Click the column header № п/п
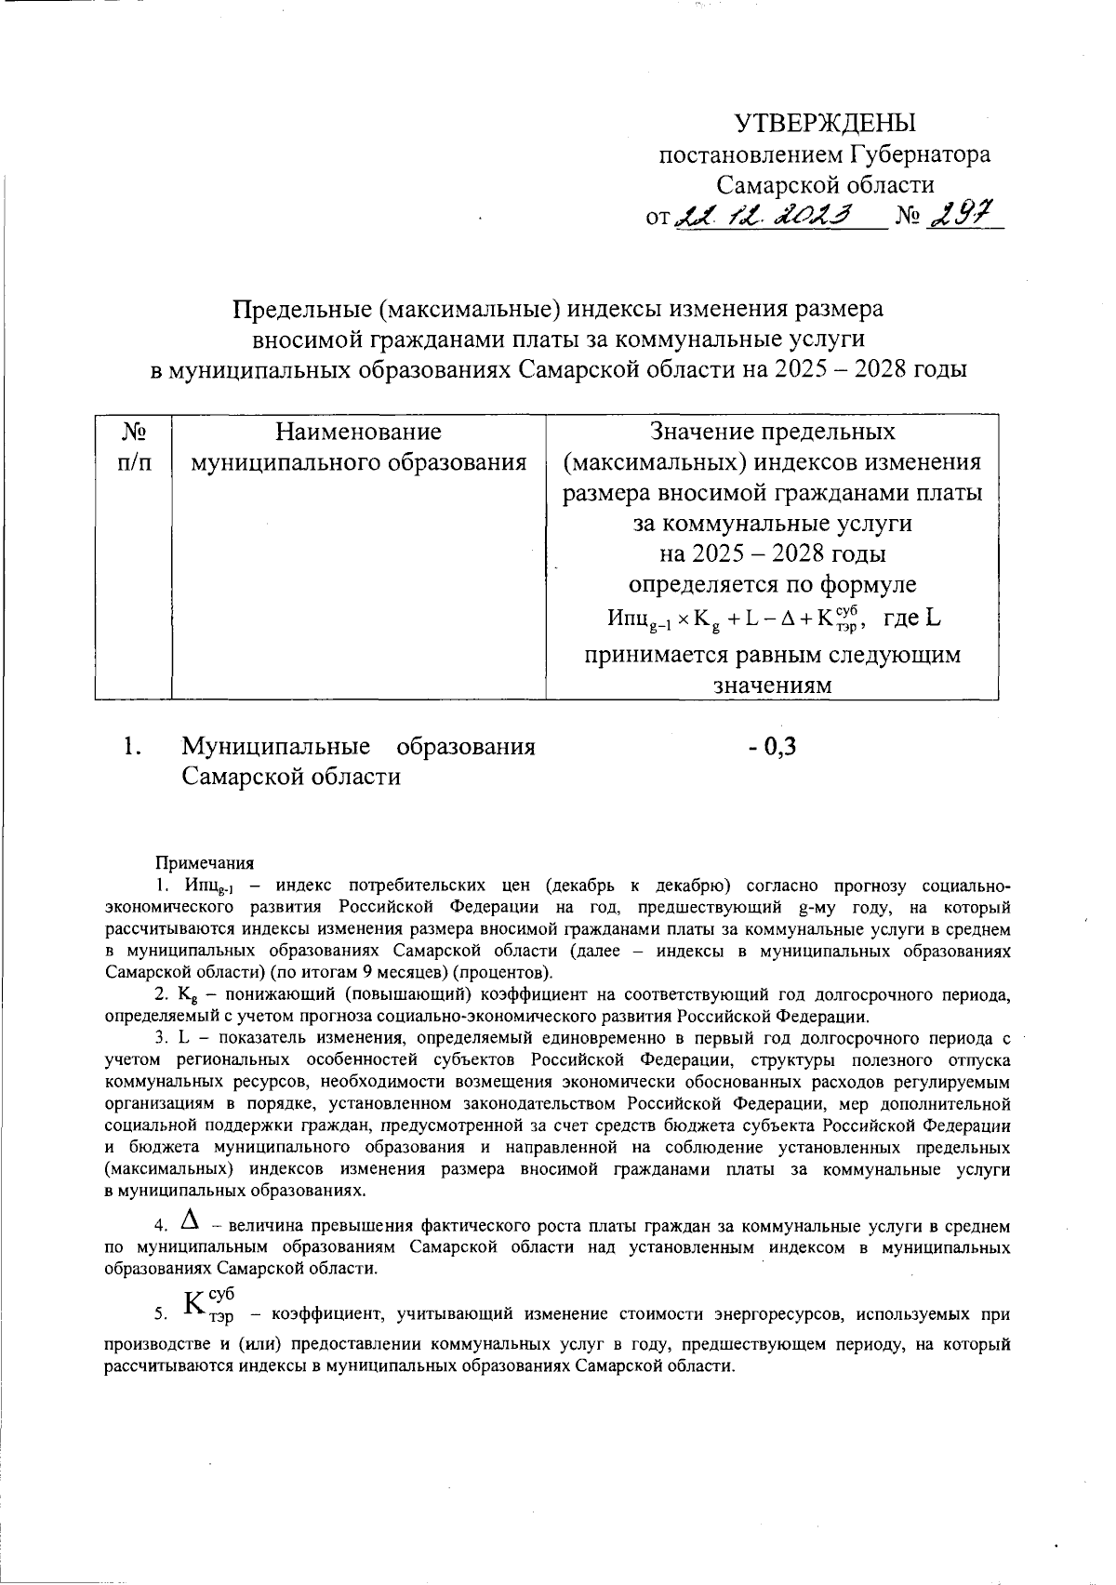134,446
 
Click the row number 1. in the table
132,746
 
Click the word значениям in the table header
771,686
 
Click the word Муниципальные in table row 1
275,746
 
